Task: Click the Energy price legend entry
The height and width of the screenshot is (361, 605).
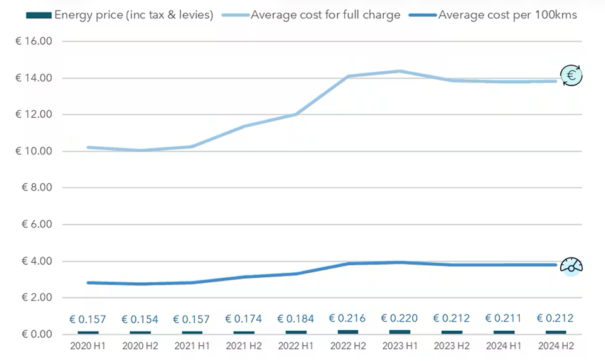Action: tap(119, 14)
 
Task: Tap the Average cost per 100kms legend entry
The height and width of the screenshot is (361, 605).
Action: tap(498, 14)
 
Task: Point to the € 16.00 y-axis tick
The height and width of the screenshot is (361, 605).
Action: tap(37, 42)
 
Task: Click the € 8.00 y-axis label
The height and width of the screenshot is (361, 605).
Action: tap(37, 188)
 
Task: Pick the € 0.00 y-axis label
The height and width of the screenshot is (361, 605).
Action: tap(37, 334)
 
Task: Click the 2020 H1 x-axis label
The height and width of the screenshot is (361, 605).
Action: tap(88, 347)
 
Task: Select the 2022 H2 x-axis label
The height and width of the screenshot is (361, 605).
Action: tap(348, 347)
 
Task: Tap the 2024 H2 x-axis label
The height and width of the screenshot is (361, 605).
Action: tap(555, 347)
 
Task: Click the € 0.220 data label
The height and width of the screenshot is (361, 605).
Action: tap(400, 318)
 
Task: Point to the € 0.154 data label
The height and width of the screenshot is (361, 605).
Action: tap(140, 319)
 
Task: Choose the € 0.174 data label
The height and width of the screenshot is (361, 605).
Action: tap(244, 319)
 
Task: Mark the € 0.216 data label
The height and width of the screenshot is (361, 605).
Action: tap(348, 318)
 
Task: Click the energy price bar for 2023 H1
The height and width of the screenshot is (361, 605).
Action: tap(400, 331)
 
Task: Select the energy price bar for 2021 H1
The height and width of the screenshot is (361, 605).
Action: tap(192, 332)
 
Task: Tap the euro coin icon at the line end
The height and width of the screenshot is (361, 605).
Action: tap(571, 76)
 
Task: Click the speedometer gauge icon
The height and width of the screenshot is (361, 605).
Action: tap(571, 265)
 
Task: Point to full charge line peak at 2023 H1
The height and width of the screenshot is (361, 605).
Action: tap(400, 71)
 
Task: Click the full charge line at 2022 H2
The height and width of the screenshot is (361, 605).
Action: tap(348, 76)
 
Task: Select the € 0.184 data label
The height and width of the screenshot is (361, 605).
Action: tap(296, 319)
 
